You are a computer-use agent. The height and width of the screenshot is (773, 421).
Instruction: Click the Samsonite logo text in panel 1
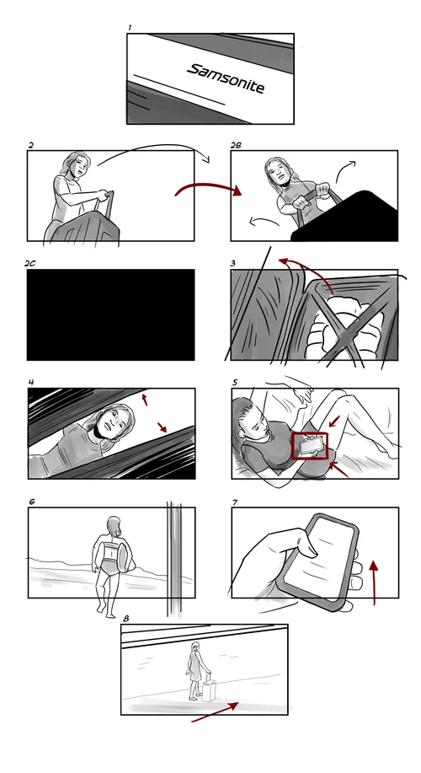226,78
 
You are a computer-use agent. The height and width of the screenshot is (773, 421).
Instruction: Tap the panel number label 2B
236,145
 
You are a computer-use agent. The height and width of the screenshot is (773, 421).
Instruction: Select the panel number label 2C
29,264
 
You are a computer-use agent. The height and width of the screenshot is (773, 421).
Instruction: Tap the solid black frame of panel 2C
111,314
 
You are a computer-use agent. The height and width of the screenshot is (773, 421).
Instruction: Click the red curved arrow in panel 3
306,272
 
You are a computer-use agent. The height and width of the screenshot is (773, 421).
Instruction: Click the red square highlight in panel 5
310,446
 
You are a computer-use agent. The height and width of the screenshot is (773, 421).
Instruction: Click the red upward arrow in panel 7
374,582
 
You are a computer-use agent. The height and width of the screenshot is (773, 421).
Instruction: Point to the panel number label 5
235,382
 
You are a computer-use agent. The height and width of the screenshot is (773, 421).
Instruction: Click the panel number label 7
235,502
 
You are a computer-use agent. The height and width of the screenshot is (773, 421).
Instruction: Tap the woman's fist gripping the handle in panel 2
103,196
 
